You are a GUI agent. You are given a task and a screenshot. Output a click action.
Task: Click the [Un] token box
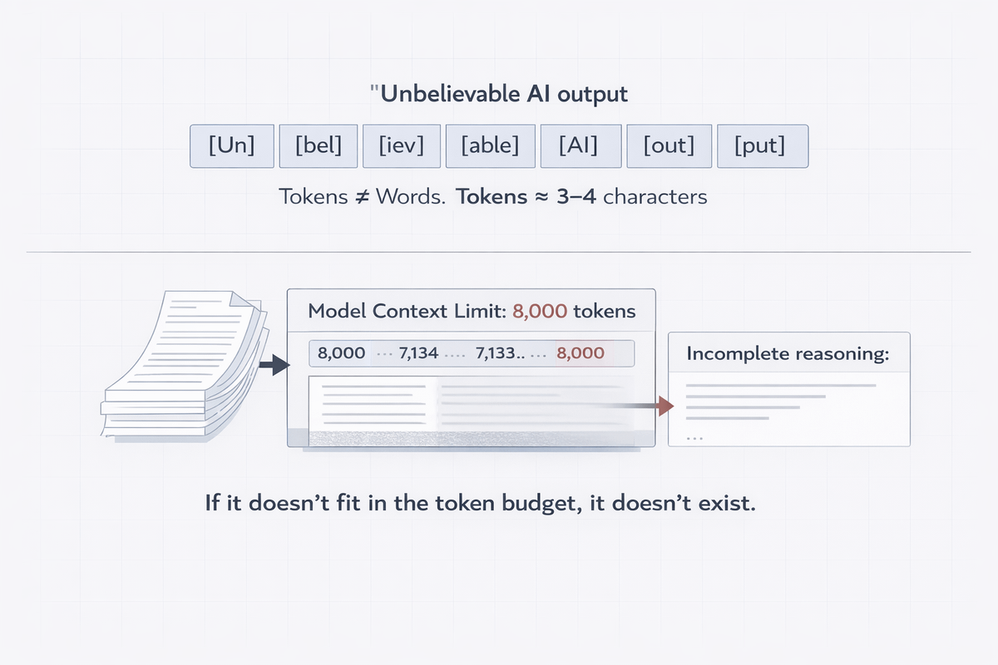tap(232, 146)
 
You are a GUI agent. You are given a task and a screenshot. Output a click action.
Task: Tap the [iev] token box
tap(402, 146)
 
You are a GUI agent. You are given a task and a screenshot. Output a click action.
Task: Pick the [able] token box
tap(489, 146)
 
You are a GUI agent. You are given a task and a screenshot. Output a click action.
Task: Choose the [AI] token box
tap(579, 146)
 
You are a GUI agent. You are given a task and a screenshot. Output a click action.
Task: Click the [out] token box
tap(668, 146)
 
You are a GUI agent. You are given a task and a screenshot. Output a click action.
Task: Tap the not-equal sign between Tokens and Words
tap(363, 197)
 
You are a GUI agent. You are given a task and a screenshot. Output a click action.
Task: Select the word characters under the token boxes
tap(656, 197)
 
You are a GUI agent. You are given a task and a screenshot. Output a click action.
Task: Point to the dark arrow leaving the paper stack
tap(273, 364)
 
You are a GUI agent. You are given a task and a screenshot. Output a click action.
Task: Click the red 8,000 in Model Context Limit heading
tap(541, 312)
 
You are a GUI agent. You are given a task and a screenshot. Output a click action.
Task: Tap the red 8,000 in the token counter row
tap(581, 352)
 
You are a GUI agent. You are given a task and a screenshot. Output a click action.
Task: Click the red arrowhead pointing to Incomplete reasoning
tap(664, 406)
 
